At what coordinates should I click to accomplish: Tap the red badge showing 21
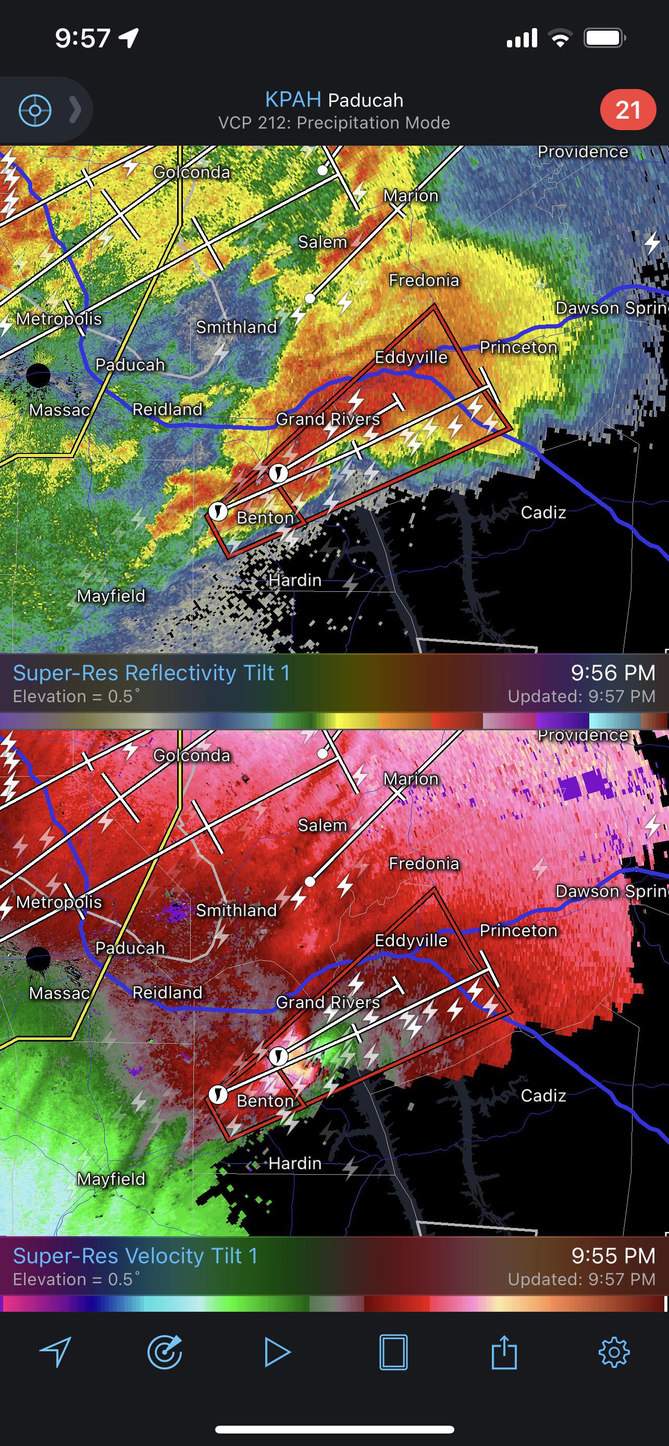point(627,110)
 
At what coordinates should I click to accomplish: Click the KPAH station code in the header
point(293,99)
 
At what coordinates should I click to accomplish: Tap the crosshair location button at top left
point(35,110)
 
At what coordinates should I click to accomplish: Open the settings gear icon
point(614,1352)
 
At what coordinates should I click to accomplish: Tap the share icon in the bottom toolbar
point(503,1352)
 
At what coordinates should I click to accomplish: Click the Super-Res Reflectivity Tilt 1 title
point(151,673)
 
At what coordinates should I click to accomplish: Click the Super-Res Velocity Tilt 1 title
point(135,1255)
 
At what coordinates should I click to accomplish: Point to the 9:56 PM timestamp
point(613,673)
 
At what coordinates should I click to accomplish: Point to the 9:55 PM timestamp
point(613,1255)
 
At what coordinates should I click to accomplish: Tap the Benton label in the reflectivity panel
point(265,517)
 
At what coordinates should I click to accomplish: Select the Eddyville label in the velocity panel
point(411,940)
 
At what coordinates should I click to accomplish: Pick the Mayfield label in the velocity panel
point(111,1179)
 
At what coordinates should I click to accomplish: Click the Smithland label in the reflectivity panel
point(237,327)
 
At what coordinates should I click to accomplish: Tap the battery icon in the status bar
point(604,38)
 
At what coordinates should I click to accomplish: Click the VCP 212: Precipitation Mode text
point(334,123)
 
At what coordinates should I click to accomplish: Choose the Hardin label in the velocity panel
point(295,1163)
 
